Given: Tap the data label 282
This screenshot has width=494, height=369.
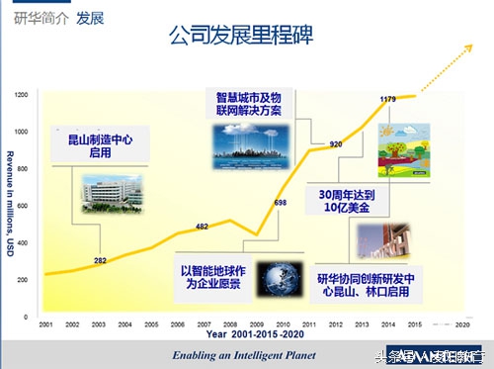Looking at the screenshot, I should coord(100,260).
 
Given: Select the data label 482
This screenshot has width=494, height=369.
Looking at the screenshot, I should coord(202,227).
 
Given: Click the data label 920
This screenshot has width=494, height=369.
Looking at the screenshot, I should coord(336,143).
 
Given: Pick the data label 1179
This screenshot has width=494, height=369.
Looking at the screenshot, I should coord(389,98).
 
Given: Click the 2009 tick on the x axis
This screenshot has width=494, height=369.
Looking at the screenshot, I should coord(256,323).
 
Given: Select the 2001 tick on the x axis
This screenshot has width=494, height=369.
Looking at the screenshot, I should coord(45,323).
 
